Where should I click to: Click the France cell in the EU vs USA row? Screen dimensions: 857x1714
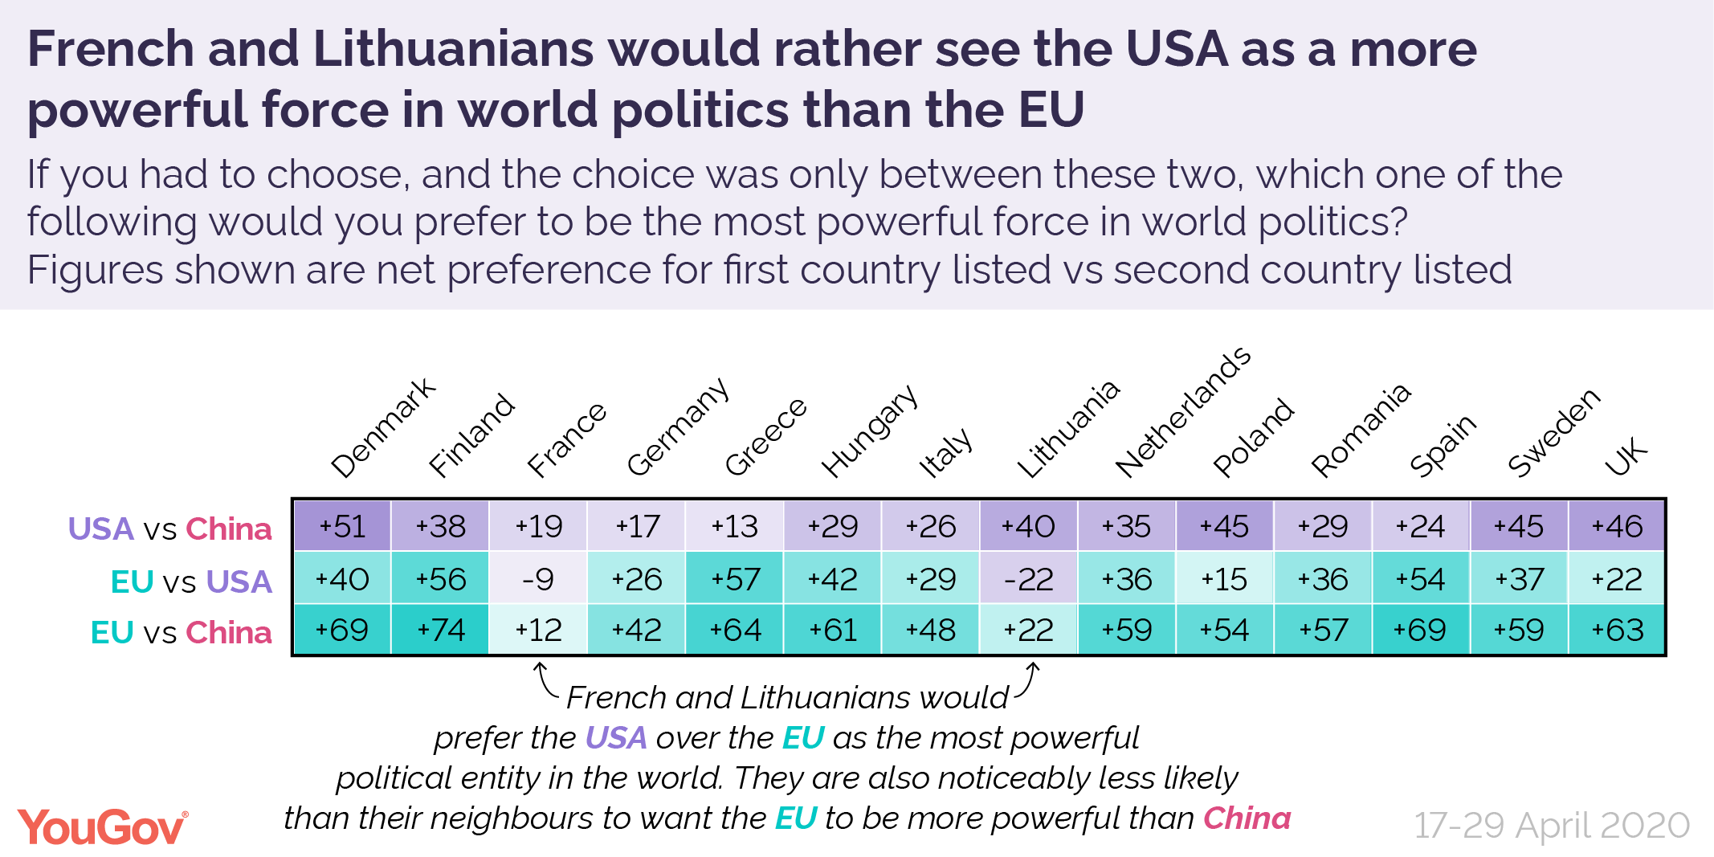tap(537, 579)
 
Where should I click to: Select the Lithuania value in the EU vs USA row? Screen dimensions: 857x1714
tap(1028, 579)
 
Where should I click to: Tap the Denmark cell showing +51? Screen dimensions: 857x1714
tap(342, 527)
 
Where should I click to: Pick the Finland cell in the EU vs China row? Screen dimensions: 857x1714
tap(440, 631)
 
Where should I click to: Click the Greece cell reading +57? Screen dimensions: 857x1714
tap(734, 579)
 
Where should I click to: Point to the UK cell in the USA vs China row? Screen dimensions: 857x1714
tap(1616, 527)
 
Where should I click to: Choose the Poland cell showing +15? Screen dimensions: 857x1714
tap(1224, 579)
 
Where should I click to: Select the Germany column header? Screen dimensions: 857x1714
tap(676, 427)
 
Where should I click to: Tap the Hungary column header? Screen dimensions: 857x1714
tap(869, 431)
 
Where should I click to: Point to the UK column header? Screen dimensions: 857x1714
tap(1626, 458)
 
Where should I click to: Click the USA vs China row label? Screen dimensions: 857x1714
tap(169, 529)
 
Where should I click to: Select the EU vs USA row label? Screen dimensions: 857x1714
tap(191, 582)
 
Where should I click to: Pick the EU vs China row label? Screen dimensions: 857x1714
tap(181, 633)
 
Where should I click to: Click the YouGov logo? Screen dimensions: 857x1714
tap(103, 827)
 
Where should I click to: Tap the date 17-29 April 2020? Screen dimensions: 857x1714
tap(1552, 826)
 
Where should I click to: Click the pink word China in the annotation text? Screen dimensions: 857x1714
tap(1247, 818)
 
